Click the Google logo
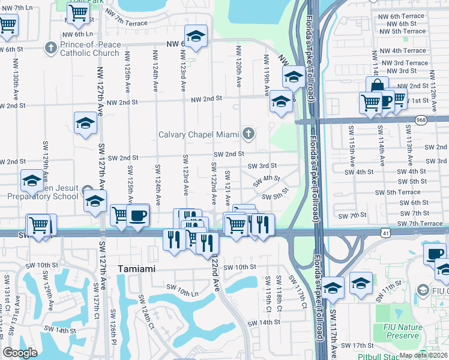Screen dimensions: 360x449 [20, 353]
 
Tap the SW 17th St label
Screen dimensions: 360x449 [358, 346]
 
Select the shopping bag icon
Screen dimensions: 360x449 [377, 85]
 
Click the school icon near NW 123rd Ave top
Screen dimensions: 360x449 [195, 38]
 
